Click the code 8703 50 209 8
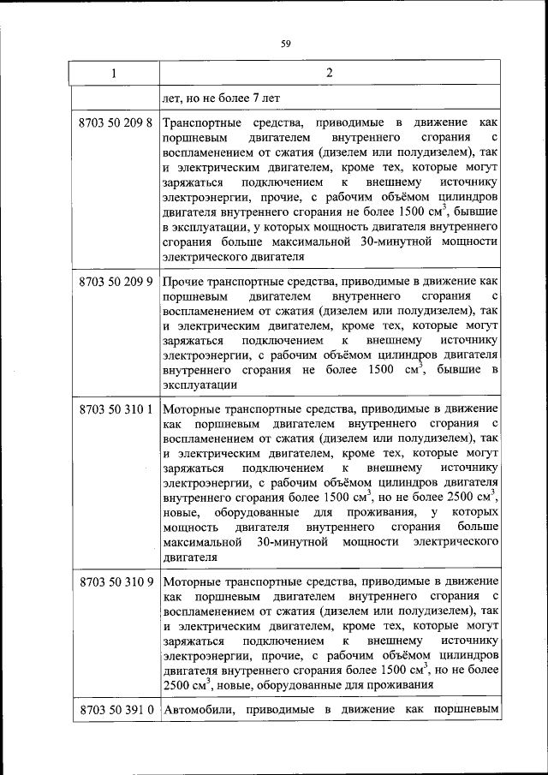pos(115,122)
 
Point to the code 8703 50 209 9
pos(115,280)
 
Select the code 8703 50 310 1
pos(115,409)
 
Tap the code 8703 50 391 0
pos(115,711)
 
